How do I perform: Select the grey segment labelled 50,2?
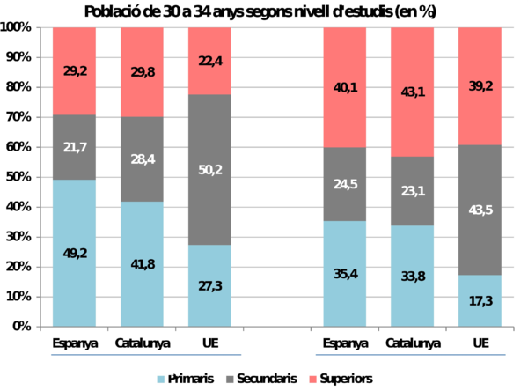click(x=210, y=169)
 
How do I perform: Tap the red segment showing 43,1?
click(x=413, y=92)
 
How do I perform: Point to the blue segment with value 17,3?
click(x=480, y=300)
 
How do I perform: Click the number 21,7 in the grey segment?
click(x=74, y=147)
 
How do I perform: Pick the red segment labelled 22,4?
click(x=210, y=61)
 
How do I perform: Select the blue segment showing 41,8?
click(x=142, y=263)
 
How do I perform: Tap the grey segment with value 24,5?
click(x=345, y=184)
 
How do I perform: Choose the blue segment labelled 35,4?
click(x=345, y=273)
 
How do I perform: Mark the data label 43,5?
click(x=480, y=210)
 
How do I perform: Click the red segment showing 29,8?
click(x=142, y=72)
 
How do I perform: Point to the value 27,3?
click(x=210, y=285)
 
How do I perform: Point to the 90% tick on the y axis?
click(x=18, y=57)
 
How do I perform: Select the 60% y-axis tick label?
click(x=18, y=147)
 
